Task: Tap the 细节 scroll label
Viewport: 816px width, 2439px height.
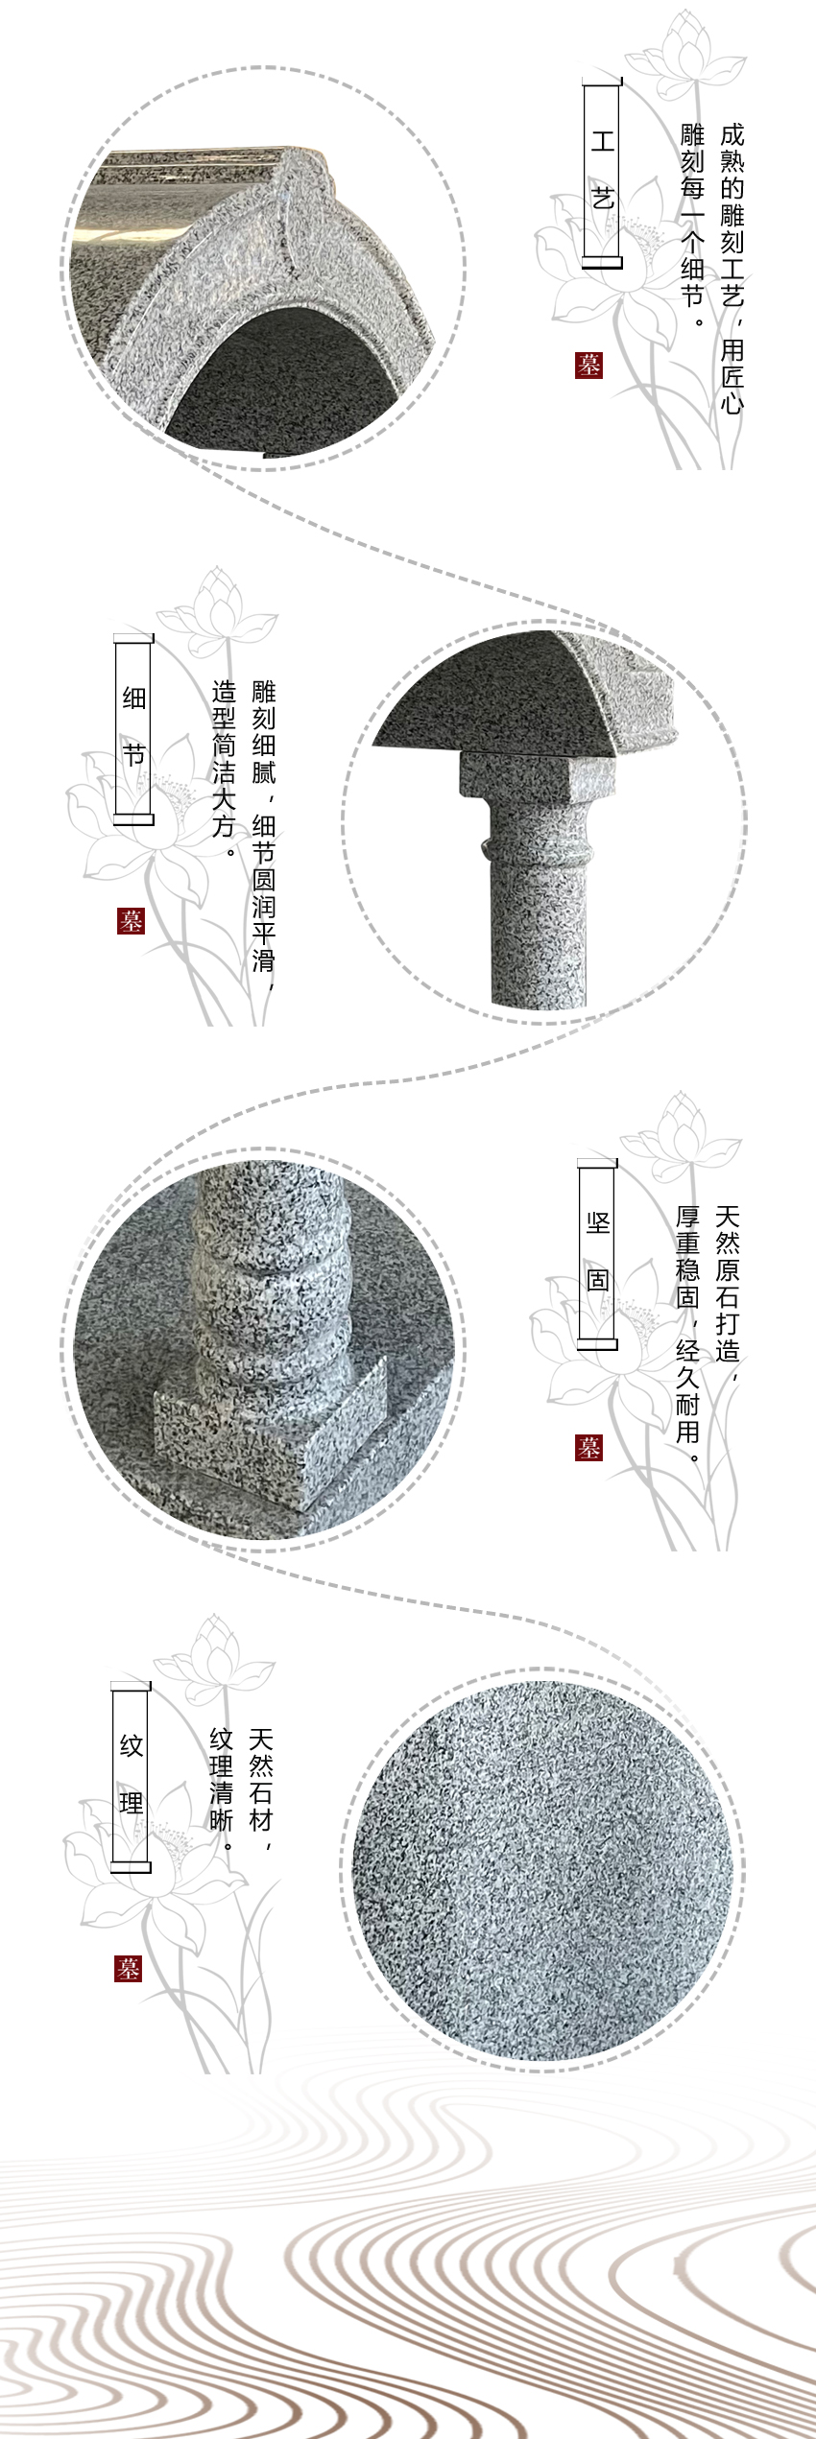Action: point(133,728)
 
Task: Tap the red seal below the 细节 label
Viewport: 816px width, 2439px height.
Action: point(130,921)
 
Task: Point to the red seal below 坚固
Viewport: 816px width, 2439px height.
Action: point(589,1447)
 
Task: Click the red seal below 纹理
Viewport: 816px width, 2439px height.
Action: point(129,1969)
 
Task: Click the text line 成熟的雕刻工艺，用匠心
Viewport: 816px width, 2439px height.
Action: point(732,269)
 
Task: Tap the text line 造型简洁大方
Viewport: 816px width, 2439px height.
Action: point(224,771)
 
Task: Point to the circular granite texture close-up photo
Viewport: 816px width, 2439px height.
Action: point(542,1871)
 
